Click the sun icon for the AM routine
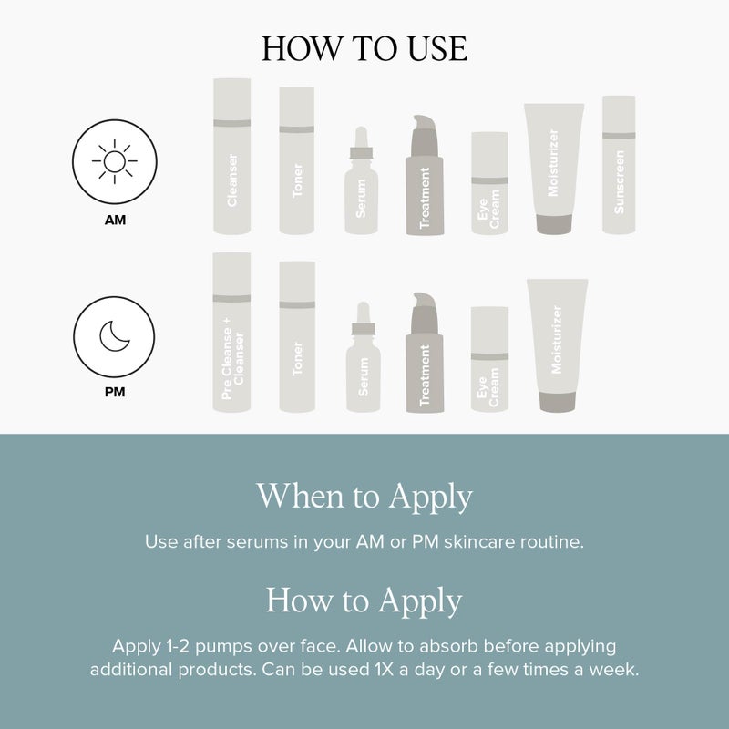coord(115,163)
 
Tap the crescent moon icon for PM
coord(115,337)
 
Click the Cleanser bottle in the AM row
coord(231,156)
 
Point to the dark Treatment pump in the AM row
coord(424,178)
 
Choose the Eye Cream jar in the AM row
coord(489,183)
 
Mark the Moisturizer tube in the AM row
coord(553,169)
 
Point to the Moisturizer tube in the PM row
coord(557,344)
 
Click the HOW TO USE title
coord(364,49)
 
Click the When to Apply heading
coord(364,497)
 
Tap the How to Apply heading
coord(364,601)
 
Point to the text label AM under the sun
coord(115,220)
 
